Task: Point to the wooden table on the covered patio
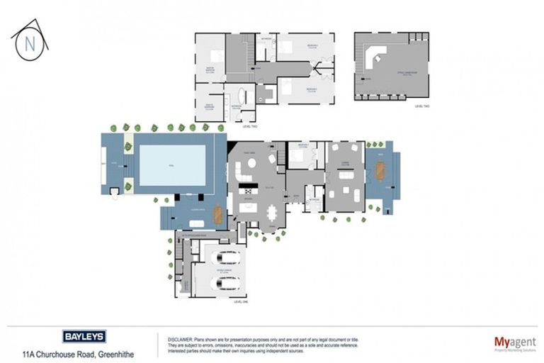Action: coord(217,213)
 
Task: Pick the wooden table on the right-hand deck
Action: coord(381,171)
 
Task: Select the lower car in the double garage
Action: coord(225,284)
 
